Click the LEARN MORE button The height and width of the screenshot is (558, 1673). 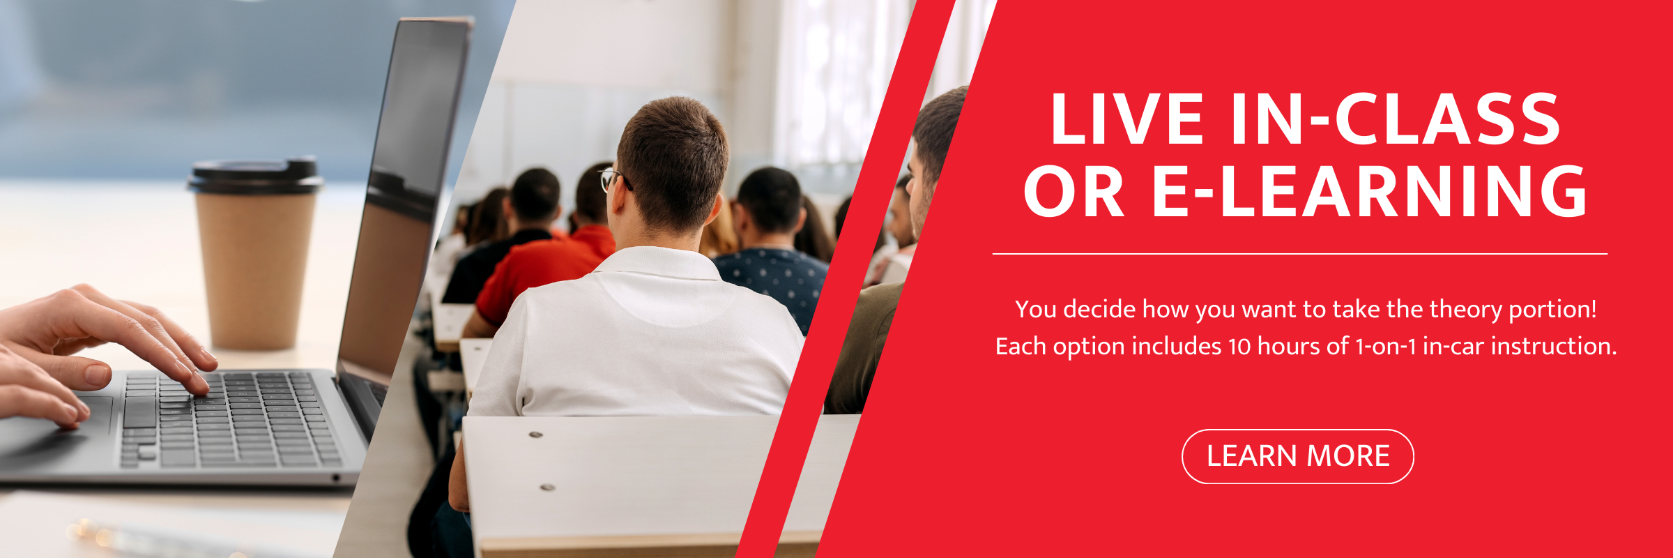pyautogui.click(x=1297, y=456)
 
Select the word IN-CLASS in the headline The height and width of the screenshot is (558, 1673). pyautogui.click(x=1396, y=119)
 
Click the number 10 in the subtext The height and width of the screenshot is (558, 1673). pyautogui.click(x=1239, y=347)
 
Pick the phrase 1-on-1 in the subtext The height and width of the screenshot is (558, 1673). pyautogui.click(x=1385, y=347)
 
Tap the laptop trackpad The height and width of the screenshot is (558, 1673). pyautogui.click(x=84, y=418)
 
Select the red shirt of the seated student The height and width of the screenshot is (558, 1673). pyautogui.click(x=544, y=272)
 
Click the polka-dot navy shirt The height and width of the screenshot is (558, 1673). pyautogui.click(x=774, y=282)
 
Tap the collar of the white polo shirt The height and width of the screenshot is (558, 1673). pyautogui.click(x=662, y=262)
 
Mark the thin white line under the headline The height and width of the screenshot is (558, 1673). pyautogui.click(x=1300, y=254)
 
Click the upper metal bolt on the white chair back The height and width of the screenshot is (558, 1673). pyautogui.click(x=535, y=435)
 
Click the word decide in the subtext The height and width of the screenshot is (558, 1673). pyautogui.click(x=1101, y=309)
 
